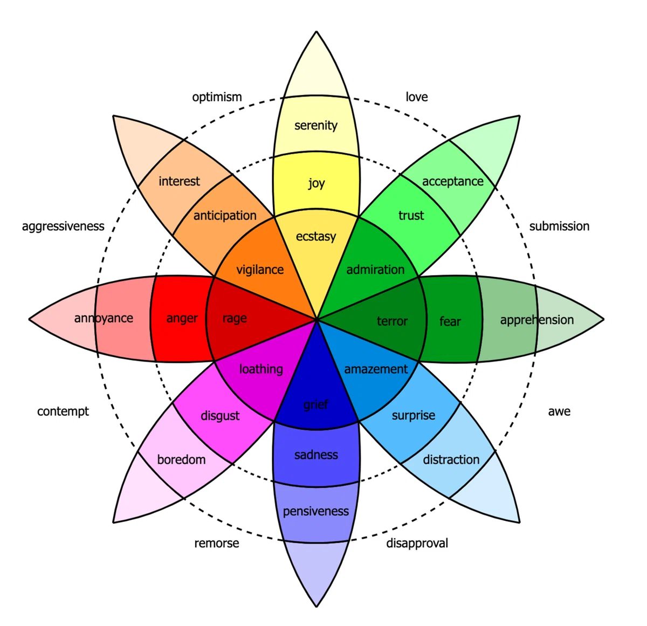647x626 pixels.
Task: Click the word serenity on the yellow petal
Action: coord(315,125)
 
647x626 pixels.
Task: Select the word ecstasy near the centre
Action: coord(316,236)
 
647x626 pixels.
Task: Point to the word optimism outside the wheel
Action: coord(217,97)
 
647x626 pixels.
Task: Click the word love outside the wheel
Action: coord(417,97)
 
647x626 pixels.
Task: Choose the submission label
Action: coord(559,226)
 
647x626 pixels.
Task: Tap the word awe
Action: coord(559,411)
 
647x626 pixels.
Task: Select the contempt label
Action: coord(63,411)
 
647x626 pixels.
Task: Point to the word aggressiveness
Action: coord(63,226)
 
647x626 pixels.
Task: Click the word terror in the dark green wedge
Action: coord(392,321)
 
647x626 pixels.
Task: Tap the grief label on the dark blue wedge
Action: coord(316,404)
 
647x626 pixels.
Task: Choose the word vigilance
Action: coord(260,269)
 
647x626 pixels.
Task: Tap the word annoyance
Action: coord(104,318)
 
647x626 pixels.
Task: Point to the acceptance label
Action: coord(452,182)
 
